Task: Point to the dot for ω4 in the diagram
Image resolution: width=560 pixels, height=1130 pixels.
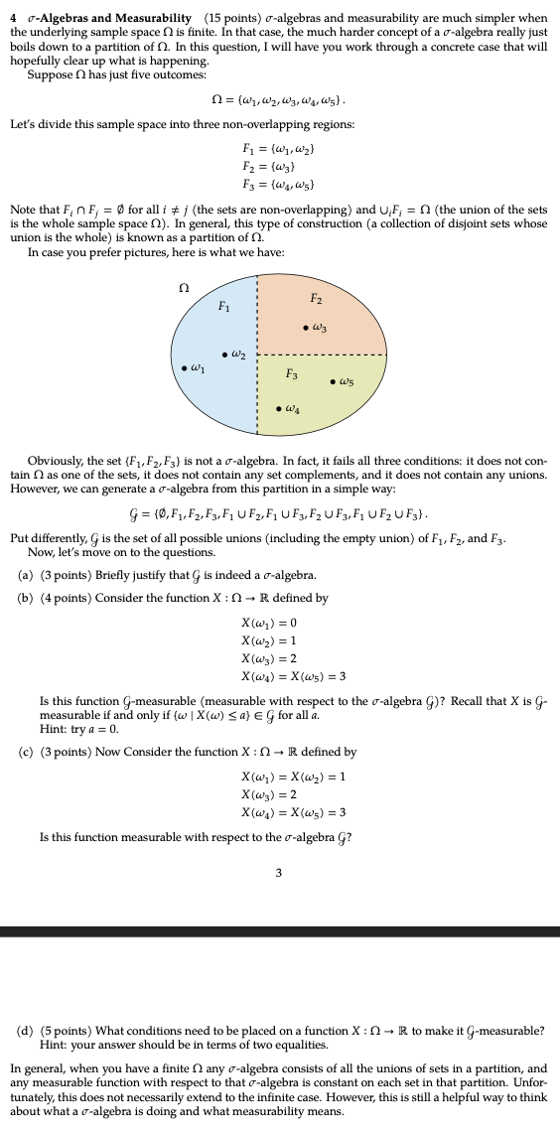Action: (x=280, y=407)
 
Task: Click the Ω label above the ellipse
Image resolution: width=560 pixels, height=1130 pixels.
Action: (x=183, y=286)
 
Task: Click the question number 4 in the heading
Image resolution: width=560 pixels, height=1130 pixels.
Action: (x=13, y=18)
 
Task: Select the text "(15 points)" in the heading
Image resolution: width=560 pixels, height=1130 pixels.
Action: (x=230, y=18)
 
